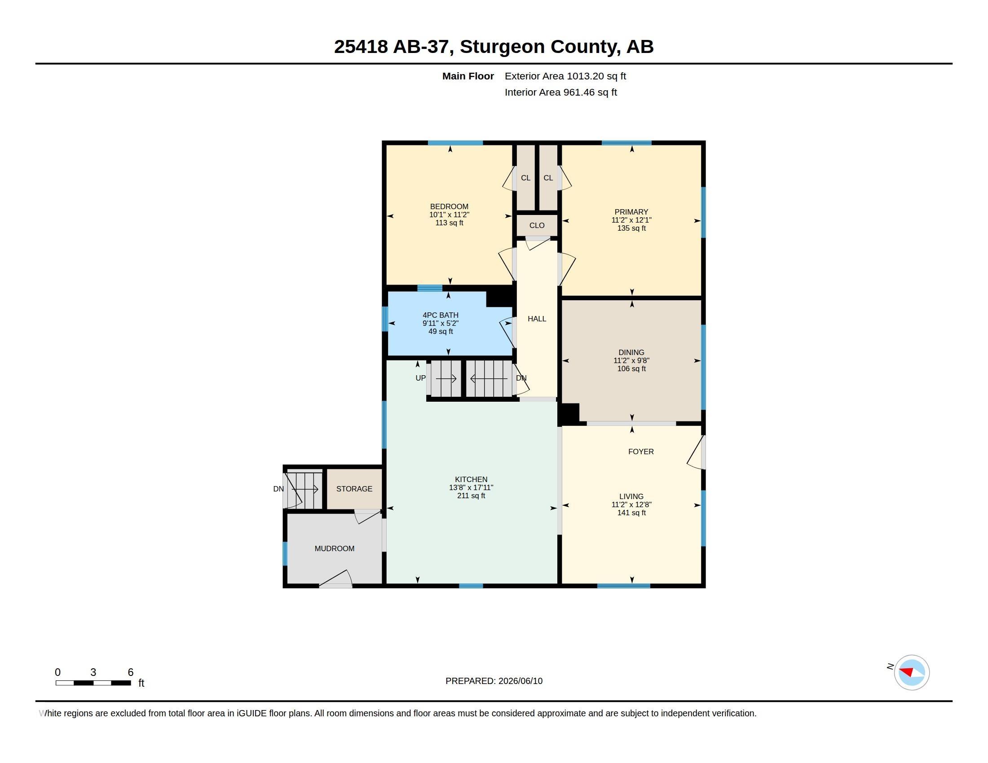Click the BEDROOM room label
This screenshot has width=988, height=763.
pos(449,206)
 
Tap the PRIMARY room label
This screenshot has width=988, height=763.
pos(631,212)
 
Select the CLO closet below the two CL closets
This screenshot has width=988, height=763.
pos(537,226)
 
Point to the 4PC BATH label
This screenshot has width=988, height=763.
pos(441,315)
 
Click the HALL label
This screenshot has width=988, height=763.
pos(537,319)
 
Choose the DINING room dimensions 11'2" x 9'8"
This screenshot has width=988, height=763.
pos(631,361)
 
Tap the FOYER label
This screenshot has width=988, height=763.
pos(641,452)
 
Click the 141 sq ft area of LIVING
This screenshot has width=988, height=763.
pos(631,513)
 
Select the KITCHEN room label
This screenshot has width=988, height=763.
pos(471,480)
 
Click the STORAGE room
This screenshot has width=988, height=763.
pos(354,489)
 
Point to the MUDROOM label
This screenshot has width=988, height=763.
pos(334,549)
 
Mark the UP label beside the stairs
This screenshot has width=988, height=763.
pos(421,378)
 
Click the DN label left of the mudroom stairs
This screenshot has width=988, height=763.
pos(279,489)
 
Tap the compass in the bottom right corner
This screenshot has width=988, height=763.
pos(912,673)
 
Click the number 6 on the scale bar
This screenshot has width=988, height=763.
pos(130,672)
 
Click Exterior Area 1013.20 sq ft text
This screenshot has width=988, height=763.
pos(565,76)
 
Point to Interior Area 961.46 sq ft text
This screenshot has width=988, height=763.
pos(561,92)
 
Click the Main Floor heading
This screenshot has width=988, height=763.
pos(468,76)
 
